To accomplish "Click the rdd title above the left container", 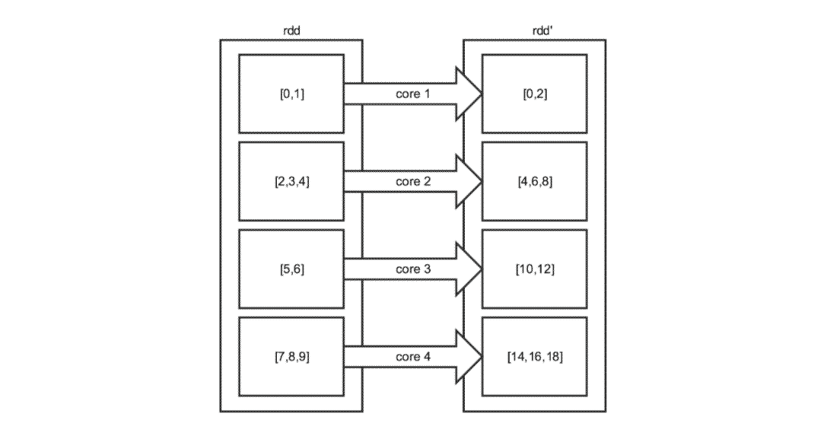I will [291, 30].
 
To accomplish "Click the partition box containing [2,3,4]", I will [291, 182].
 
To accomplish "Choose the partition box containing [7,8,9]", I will [291, 356].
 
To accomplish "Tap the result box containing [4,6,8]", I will [534, 182].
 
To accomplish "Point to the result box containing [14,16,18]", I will [534, 356].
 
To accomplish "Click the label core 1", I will [413, 94].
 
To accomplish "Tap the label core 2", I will [413, 182].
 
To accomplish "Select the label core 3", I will [413, 269].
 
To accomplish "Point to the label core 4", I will [413, 356].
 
